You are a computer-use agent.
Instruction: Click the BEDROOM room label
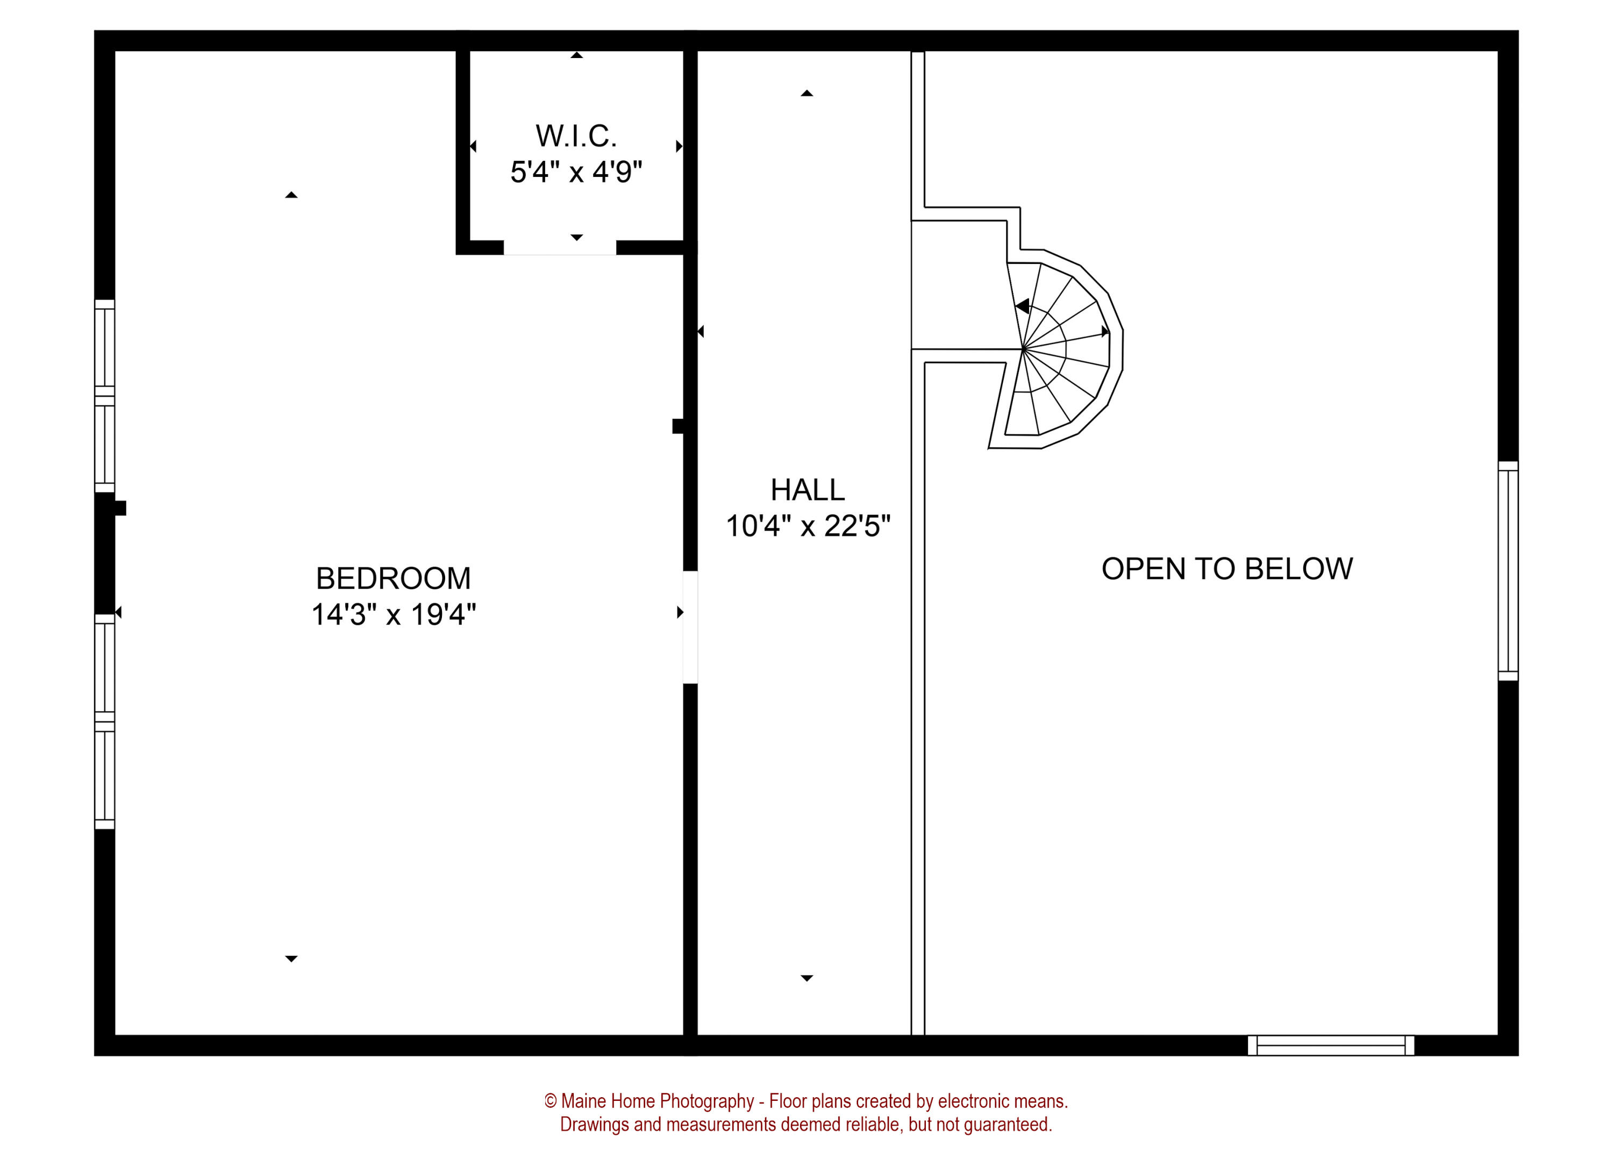393,578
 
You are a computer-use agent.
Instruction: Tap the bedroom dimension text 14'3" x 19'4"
393,614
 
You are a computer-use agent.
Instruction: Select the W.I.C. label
576,136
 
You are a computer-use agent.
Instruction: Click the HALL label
807,490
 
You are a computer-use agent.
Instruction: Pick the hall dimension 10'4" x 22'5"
807,526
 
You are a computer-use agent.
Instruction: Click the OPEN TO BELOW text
1226,569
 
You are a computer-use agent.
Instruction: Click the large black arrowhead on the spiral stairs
1022,306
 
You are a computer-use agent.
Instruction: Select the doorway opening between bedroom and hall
689,627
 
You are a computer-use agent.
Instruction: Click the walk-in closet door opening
560,248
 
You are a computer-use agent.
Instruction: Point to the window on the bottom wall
1331,1045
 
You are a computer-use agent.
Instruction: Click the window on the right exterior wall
1508,571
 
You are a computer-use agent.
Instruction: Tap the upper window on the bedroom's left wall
104,396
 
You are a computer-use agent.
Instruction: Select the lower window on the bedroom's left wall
104,721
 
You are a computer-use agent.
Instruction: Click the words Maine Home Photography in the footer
657,1101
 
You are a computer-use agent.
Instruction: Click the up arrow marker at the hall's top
806,94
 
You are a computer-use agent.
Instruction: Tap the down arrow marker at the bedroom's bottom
291,959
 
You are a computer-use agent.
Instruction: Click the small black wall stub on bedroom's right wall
678,426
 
